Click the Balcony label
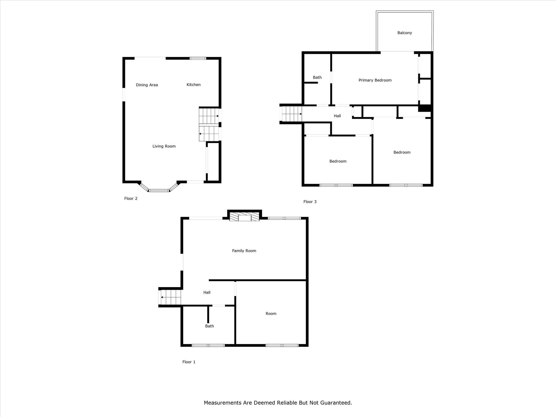[405, 33]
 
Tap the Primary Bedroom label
[375, 80]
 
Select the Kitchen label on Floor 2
[194, 85]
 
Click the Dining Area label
[147, 85]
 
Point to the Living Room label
[164, 146]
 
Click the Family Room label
[244, 251]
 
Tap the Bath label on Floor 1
[209, 326]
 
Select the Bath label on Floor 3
[317, 77]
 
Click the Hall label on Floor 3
[337, 116]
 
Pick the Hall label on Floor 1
[207, 292]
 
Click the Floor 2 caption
[131, 198]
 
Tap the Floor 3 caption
[310, 202]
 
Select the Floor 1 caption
[189, 362]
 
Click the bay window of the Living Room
[159, 190]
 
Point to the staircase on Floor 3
[292, 114]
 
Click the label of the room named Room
[271, 314]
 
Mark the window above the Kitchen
[198, 58]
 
